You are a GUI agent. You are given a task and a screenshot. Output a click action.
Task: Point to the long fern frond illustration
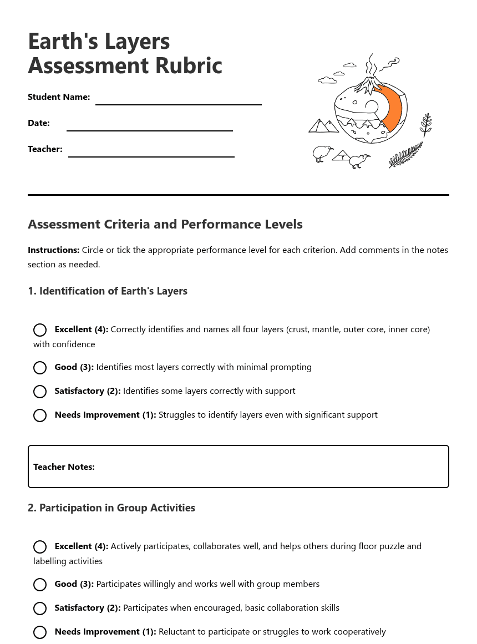pyautogui.click(x=405, y=155)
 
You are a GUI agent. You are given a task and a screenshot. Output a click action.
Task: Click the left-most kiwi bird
pyautogui.click(x=321, y=153)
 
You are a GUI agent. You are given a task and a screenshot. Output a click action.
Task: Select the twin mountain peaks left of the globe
pyautogui.click(x=323, y=126)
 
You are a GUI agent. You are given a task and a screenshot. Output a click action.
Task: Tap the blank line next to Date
pyautogui.click(x=149, y=130)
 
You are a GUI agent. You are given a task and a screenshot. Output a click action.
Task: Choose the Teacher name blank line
pyautogui.click(x=151, y=156)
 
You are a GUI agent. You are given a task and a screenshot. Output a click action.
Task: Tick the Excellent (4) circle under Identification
pyautogui.click(x=40, y=330)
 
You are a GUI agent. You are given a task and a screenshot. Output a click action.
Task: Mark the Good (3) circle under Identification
pyautogui.click(x=40, y=368)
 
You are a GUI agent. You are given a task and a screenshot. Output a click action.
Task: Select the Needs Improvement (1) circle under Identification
pyautogui.click(x=40, y=415)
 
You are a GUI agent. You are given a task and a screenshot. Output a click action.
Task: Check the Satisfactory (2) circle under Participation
pyautogui.click(x=40, y=608)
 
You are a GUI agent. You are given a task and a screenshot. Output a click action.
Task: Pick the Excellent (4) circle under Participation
pyautogui.click(x=40, y=547)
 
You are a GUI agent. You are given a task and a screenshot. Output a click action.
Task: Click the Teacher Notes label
pyautogui.click(x=64, y=467)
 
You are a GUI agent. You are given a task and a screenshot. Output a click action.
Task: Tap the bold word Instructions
pyautogui.click(x=53, y=250)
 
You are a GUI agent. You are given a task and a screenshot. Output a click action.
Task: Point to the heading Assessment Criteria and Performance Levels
pyautogui.click(x=165, y=225)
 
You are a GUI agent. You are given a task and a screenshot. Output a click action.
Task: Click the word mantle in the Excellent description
pyautogui.click(x=326, y=329)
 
